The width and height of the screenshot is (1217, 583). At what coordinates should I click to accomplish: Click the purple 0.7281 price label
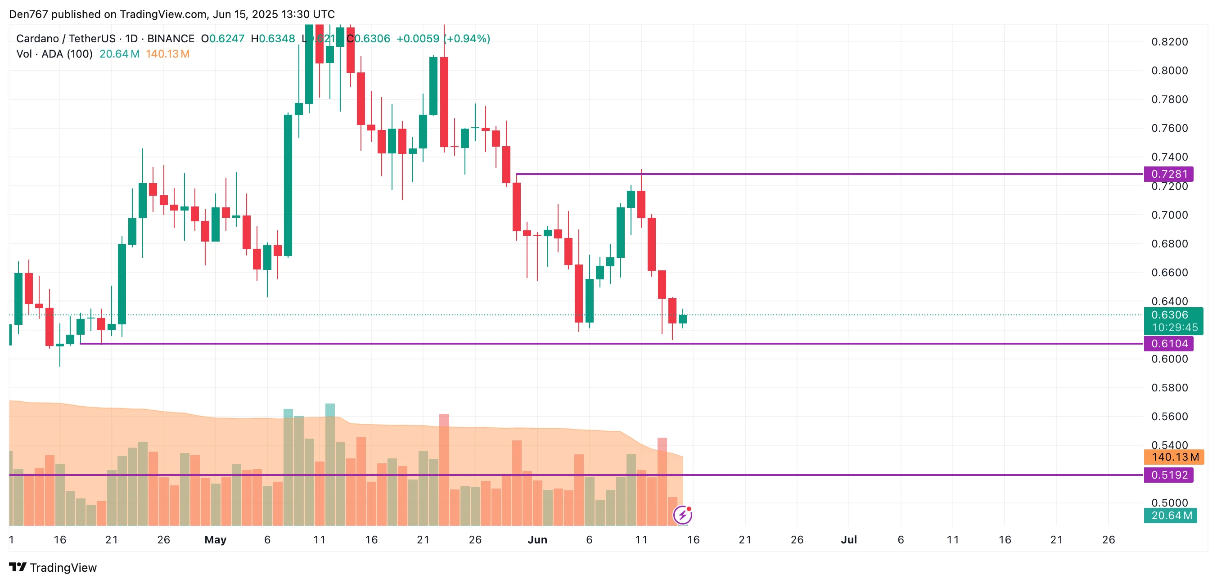pyautogui.click(x=1168, y=174)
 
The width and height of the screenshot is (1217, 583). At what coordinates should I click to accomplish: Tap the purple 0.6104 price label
pyautogui.click(x=1168, y=344)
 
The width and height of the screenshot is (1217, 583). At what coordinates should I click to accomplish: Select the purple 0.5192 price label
pyautogui.click(x=1168, y=475)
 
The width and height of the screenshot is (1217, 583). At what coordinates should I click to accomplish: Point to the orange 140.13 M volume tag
pyautogui.click(x=1174, y=457)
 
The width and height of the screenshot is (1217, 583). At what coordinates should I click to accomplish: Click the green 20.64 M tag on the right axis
pyautogui.click(x=1171, y=516)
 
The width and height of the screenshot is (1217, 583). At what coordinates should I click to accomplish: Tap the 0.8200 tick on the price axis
pyautogui.click(x=1169, y=42)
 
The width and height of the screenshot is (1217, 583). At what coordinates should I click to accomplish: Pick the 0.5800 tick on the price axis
pyautogui.click(x=1169, y=388)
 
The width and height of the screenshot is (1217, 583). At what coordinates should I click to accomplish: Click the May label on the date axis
pyautogui.click(x=216, y=539)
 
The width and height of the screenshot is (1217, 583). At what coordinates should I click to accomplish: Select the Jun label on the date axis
pyautogui.click(x=537, y=539)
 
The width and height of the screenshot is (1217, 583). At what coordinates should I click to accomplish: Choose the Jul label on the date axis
pyautogui.click(x=848, y=539)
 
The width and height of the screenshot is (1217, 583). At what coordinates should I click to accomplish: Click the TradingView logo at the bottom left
pyautogui.click(x=53, y=567)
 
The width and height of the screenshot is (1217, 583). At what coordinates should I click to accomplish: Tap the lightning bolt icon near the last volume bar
pyautogui.click(x=683, y=515)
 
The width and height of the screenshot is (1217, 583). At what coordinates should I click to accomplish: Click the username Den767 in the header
pyautogui.click(x=28, y=14)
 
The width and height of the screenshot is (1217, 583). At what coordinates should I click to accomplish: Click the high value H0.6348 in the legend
pyautogui.click(x=273, y=39)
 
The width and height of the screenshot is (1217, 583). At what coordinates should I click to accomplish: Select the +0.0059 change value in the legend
pyautogui.click(x=418, y=39)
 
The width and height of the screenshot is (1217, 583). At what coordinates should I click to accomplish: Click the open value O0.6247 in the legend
pyautogui.click(x=222, y=39)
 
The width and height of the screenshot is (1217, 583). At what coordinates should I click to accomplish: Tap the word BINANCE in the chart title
pyautogui.click(x=171, y=39)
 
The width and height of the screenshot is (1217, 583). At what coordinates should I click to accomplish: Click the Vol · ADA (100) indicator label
pyautogui.click(x=54, y=54)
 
